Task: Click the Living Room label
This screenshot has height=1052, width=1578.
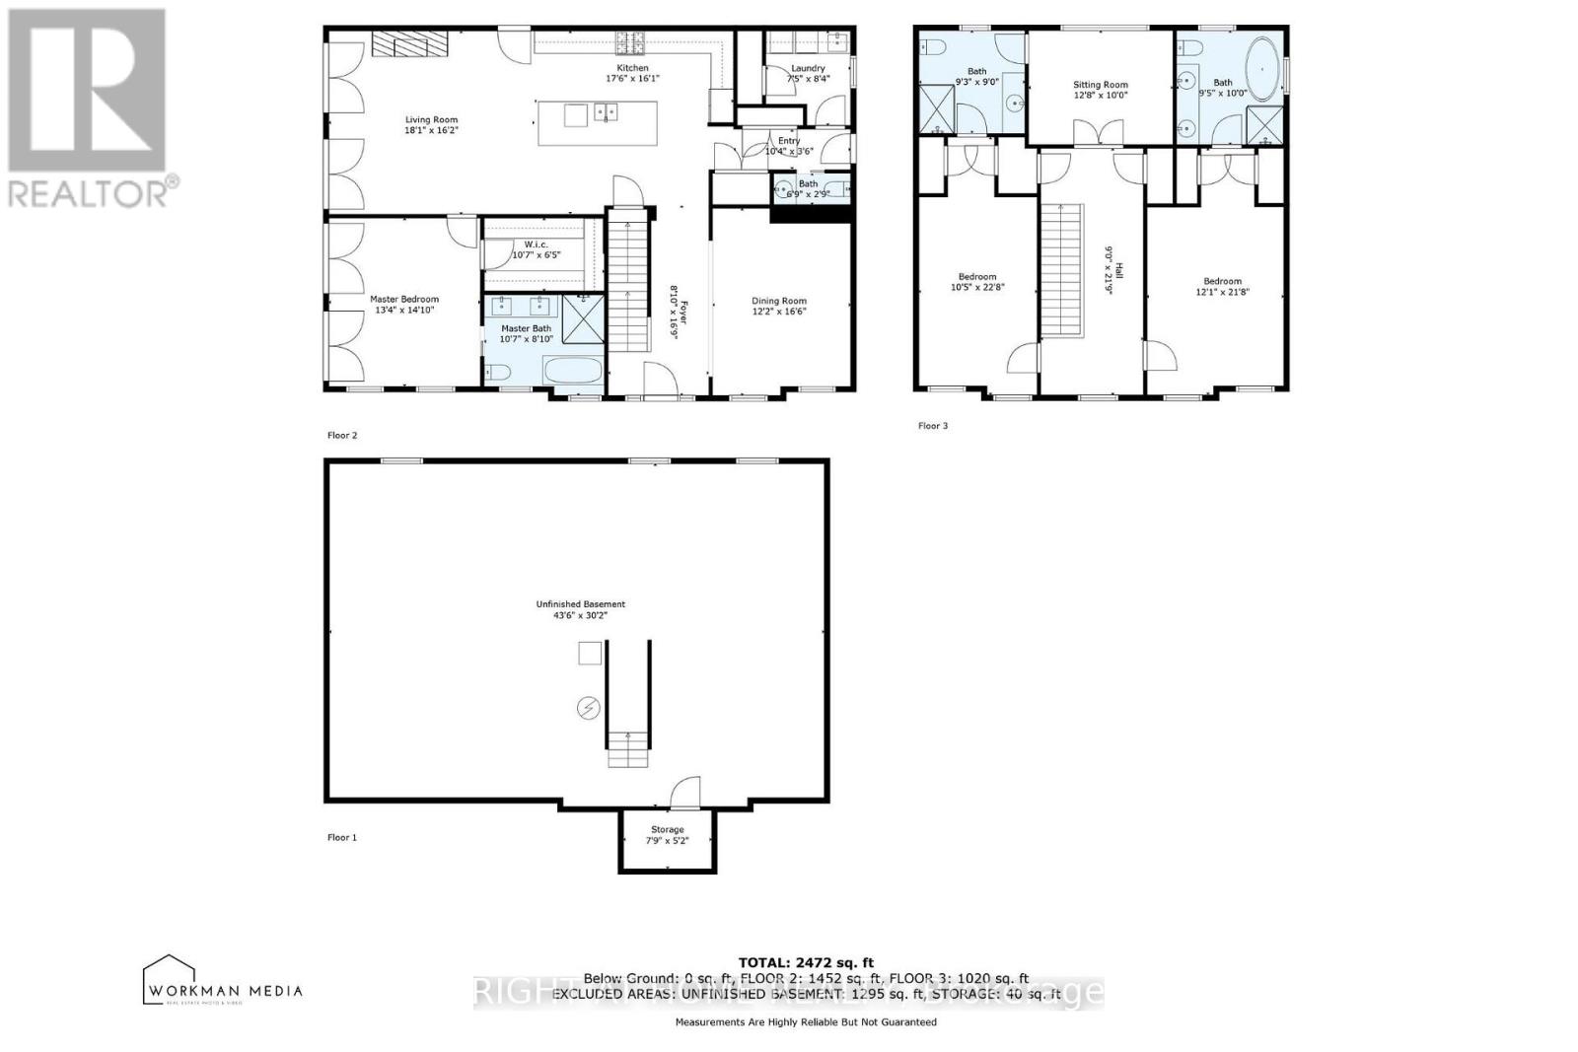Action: [431, 119]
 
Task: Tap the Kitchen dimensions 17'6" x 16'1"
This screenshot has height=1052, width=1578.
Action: [632, 78]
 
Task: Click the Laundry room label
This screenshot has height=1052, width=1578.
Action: [808, 68]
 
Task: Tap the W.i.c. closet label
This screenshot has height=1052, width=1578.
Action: [536, 245]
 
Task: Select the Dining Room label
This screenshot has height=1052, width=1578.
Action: [779, 301]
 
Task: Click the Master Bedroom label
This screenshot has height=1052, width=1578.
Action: [404, 299]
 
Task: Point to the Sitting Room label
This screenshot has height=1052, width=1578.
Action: [1101, 85]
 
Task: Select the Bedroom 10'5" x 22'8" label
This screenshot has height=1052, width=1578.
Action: [977, 277]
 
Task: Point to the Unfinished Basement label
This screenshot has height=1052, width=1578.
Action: [580, 604]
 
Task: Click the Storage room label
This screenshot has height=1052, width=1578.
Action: [667, 829]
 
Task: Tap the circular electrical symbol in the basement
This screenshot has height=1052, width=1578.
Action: [588, 708]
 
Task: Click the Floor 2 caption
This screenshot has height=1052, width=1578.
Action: [341, 435]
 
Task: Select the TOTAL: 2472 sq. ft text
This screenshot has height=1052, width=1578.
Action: [806, 962]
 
